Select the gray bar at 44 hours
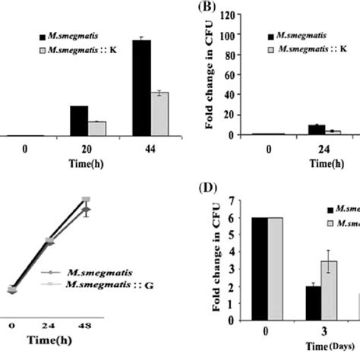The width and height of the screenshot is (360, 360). tap(159, 114)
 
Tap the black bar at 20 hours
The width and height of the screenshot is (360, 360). tap(79, 121)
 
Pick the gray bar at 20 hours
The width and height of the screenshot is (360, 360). tap(96, 128)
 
